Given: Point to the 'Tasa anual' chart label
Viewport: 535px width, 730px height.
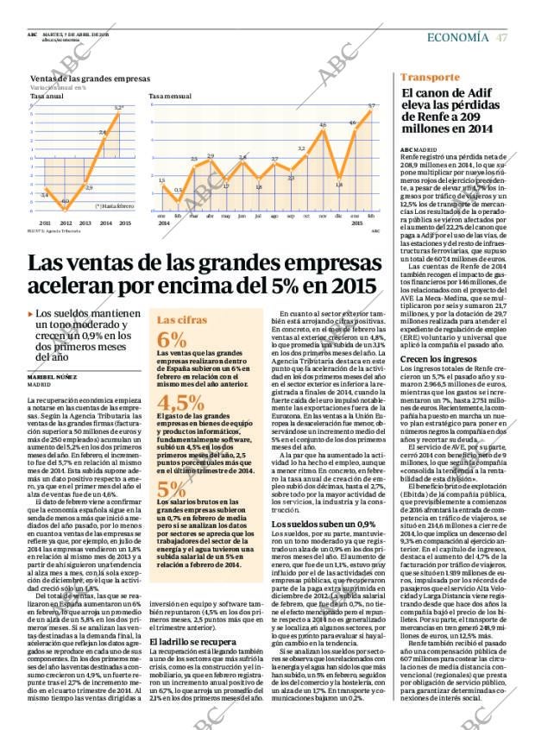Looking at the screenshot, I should point(42,96).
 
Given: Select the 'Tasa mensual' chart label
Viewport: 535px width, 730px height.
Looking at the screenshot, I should point(166,96).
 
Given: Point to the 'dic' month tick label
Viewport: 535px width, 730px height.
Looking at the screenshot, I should point(341,215).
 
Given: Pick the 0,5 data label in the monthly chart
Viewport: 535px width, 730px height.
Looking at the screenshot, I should point(178,189).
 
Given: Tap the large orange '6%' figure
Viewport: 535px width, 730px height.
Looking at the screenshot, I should point(171,339).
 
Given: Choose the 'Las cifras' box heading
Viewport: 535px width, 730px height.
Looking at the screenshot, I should point(179,319).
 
